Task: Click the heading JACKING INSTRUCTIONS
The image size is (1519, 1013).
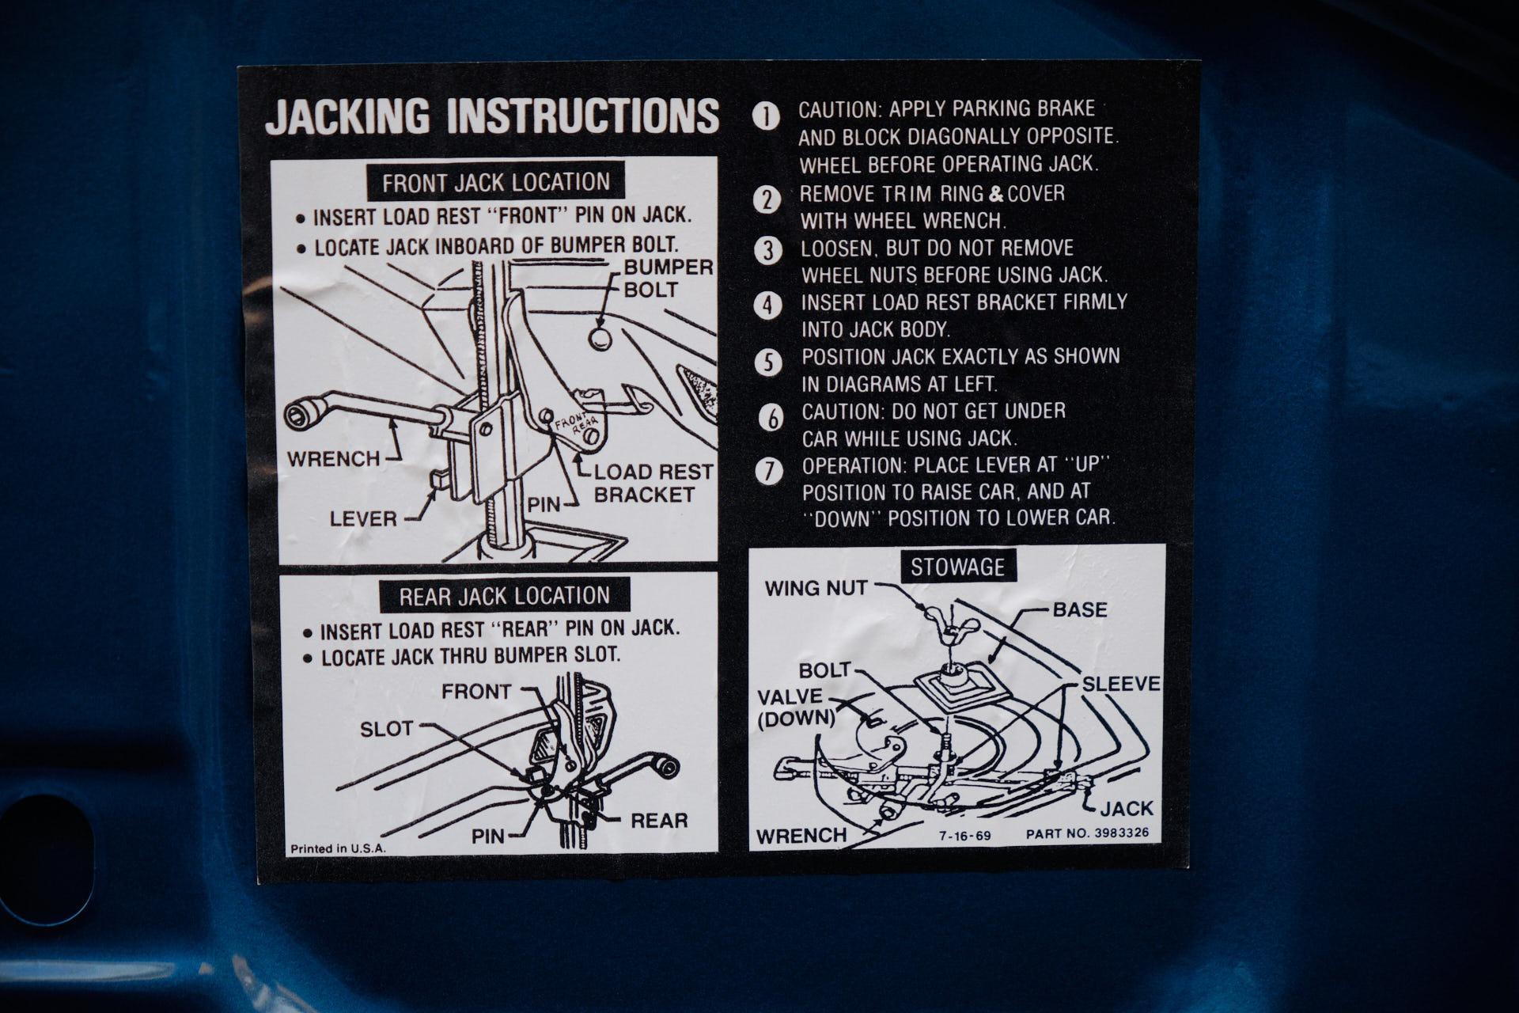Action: click(492, 116)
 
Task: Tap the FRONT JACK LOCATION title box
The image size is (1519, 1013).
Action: click(496, 182)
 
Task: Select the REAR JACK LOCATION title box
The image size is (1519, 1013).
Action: click(505, 595)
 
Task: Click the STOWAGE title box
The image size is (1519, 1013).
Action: click(957, 567)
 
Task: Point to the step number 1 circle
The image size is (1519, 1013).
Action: click(766, 116)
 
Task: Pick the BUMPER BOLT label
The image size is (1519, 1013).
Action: click(668, 278)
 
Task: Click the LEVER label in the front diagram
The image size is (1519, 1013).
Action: click(363, 519)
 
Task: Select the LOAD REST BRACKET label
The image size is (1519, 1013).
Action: click(653, 483)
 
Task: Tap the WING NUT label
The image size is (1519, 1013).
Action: click(816, 588)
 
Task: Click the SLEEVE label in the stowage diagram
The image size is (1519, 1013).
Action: click(1121, 684)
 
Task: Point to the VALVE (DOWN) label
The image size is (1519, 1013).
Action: click(795, 708)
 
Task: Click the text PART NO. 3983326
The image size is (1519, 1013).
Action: click(1088, 833)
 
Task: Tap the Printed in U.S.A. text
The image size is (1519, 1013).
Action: click(338, 848)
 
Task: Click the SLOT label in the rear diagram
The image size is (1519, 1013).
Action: click(387, 728)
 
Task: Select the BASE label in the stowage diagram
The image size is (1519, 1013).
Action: click(1080, 609)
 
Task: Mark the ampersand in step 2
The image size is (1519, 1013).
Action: click(996, 195)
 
